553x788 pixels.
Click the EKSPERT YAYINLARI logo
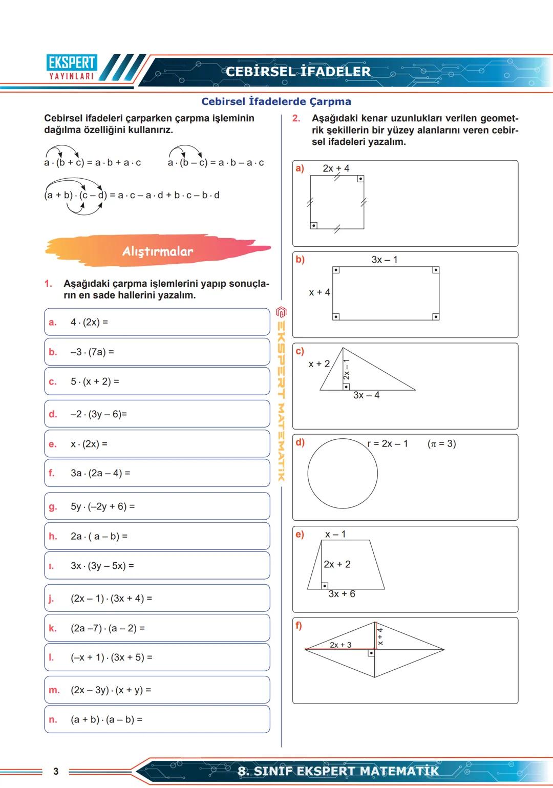(x=72, y=68)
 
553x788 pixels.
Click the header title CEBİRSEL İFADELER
(x=298, y=72)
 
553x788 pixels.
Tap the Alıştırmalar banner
(x=158, y=251)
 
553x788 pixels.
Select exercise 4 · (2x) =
(x=89, y=322)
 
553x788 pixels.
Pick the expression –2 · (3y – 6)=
(x=98, y=414)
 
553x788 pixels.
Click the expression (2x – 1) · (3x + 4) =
(x=111, y=598)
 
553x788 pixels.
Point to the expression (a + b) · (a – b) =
(x=107, y=719)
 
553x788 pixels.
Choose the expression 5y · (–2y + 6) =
(x=102, y=506)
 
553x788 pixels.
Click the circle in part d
(x=343, y=474)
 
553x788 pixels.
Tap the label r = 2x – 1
(x=388, y=443)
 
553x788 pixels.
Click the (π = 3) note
(x=441, y=443)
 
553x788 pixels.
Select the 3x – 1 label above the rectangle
(x=384, y=260)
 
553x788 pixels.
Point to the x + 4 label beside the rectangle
(x=320, y=292)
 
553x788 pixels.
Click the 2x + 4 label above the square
(x=336, y=168)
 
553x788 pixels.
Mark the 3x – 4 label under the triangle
(x=366, y=395)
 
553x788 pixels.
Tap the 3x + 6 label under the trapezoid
(x=342, y=594)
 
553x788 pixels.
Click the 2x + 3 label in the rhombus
(x=341, y=645)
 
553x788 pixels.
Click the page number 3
(x=56, y=771)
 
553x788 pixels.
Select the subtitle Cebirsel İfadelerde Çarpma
(x=276, y=101)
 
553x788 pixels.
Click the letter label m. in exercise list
(x=54, y=690)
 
